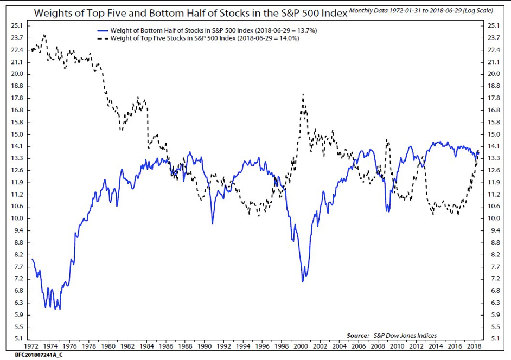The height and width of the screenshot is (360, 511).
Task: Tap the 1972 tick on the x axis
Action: [31, 345]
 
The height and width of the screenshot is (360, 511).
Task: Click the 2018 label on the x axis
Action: [473, 345]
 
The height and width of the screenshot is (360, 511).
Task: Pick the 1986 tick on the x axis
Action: [166, 345]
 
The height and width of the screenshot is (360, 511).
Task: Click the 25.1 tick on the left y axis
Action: [16, 25]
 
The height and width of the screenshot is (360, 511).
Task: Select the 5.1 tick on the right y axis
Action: [494, 339]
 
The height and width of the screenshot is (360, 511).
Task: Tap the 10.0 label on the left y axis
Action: [16, 218]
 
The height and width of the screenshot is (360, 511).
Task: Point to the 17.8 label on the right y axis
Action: [494, 98]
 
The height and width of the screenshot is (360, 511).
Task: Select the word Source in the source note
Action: [358, 336]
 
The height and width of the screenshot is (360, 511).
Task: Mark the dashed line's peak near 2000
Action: [303, 94]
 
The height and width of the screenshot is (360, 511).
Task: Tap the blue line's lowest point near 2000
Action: [303, 282]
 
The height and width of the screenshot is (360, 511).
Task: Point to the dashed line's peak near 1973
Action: [44, 35]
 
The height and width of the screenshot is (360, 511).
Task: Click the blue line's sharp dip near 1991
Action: [212, 223]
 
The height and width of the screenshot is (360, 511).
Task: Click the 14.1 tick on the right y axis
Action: [494, 146]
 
